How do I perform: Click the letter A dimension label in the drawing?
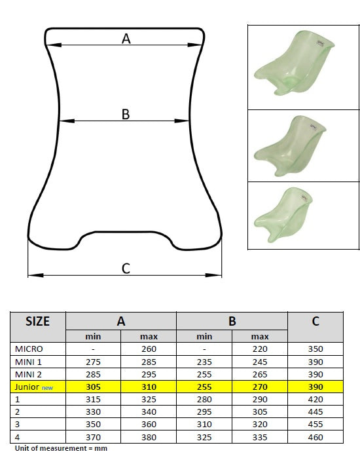(x=126, y=39)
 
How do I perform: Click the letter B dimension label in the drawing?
(x=126, y=114)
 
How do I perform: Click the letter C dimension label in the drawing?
(x=126, y=268)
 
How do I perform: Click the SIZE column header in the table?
(x=37, y=322)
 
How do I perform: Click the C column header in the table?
(x=315, y=322)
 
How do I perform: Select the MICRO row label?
(x=29, y=349)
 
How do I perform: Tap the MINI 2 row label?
(x=29, y=375)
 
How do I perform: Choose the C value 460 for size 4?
(x=315, y=438)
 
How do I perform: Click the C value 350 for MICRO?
(x=315, y=349)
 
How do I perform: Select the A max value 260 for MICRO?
(x=149, y=349)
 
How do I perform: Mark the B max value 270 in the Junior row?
(x=260, y=388)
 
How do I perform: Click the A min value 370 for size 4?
(x=94, y=438)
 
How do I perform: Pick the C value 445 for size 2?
(x=315, y=413)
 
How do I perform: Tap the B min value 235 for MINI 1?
(x=204, y=362)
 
